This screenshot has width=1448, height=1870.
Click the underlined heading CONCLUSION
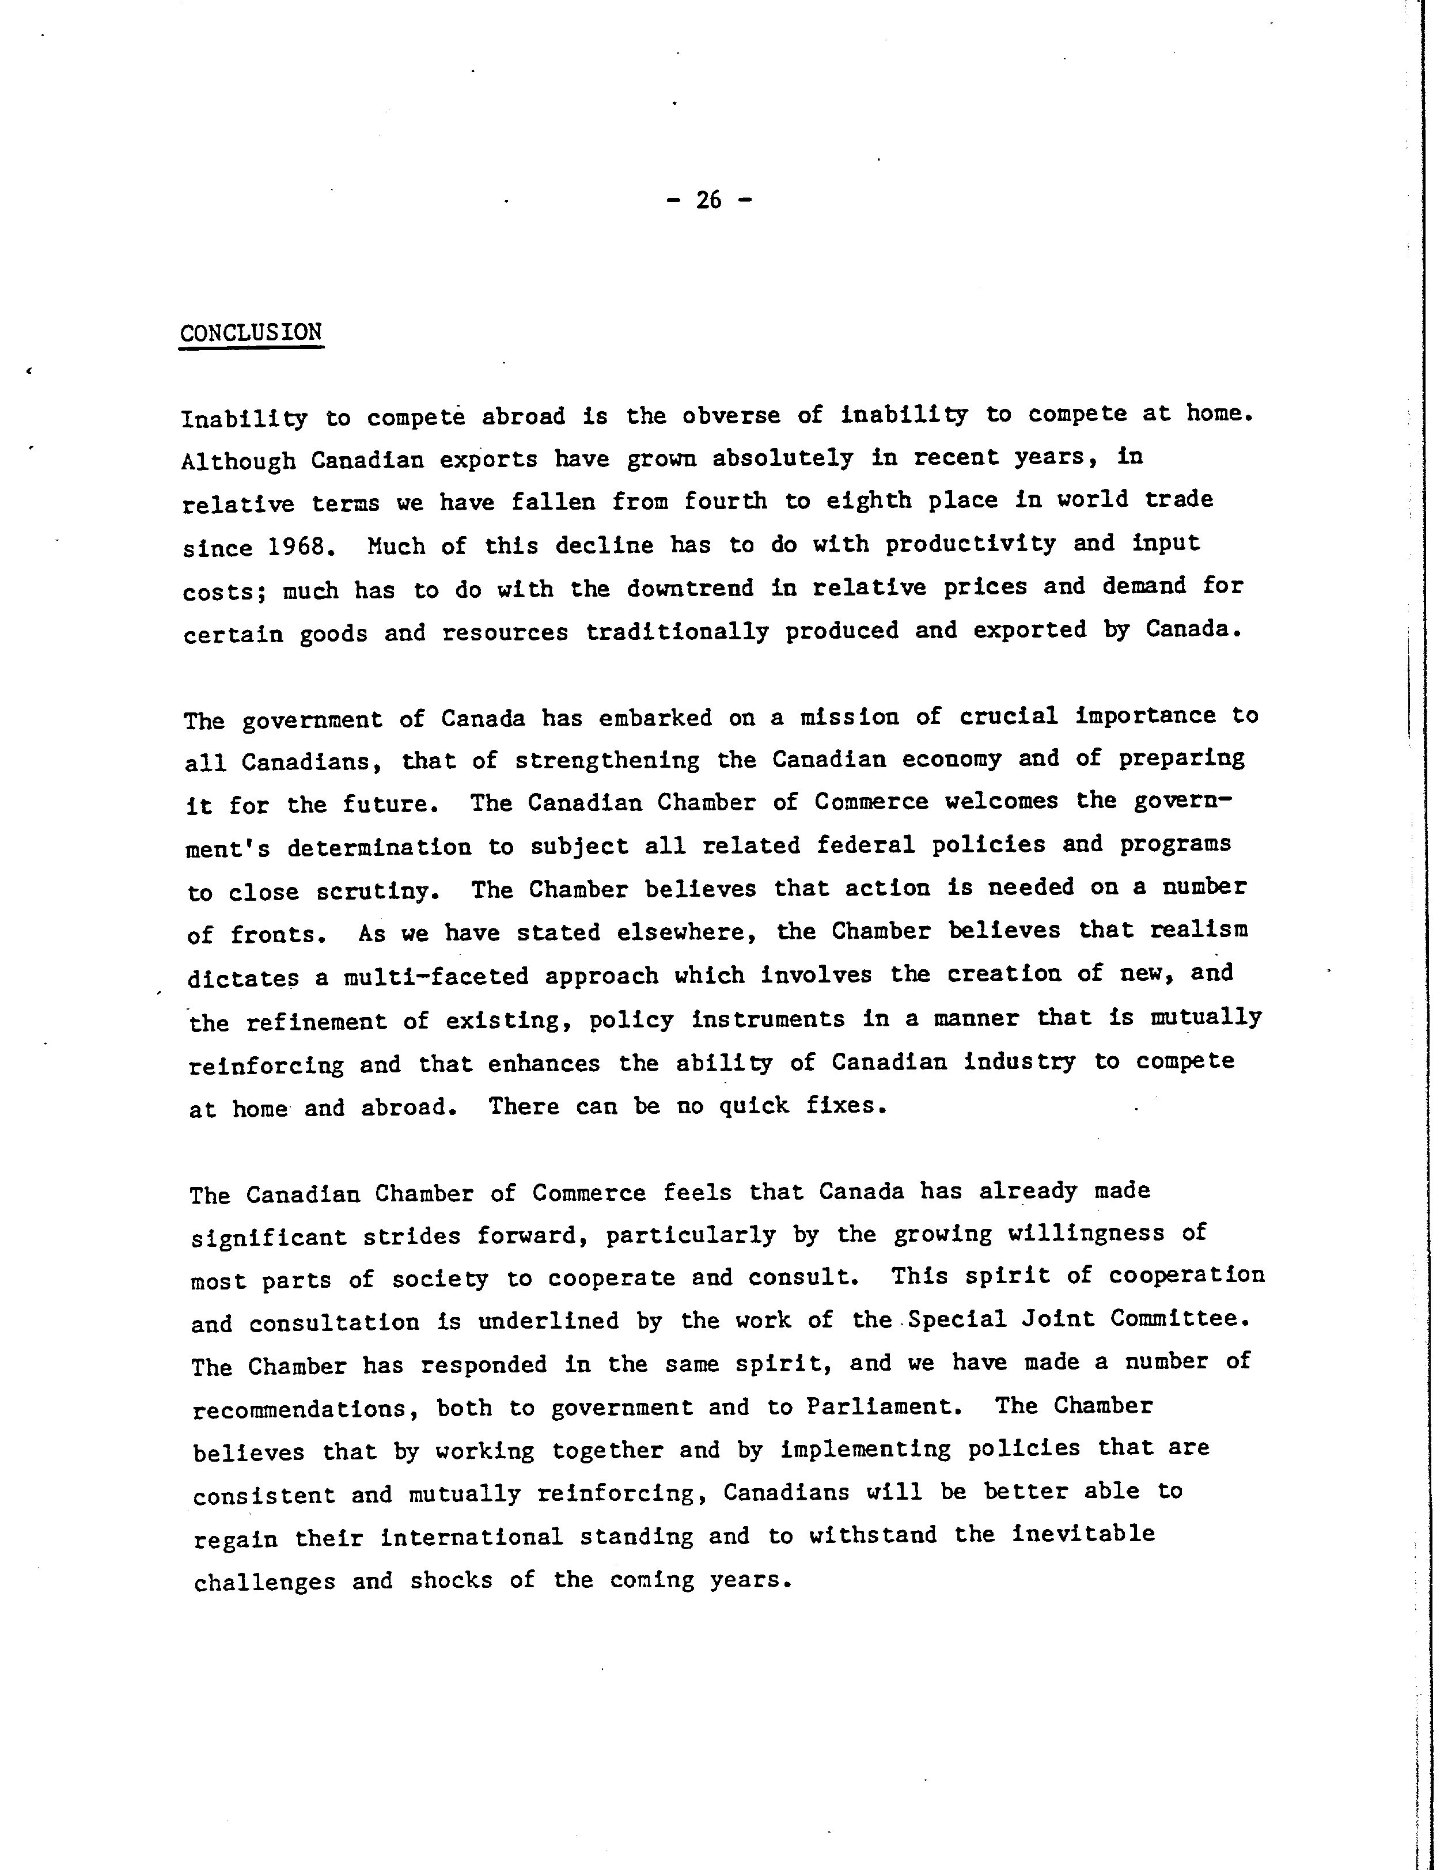coord(251,332)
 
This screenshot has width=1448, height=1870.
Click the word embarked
coord(655,718)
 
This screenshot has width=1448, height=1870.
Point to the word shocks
coord(451,1580)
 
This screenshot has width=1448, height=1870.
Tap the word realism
coord(1199,931)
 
